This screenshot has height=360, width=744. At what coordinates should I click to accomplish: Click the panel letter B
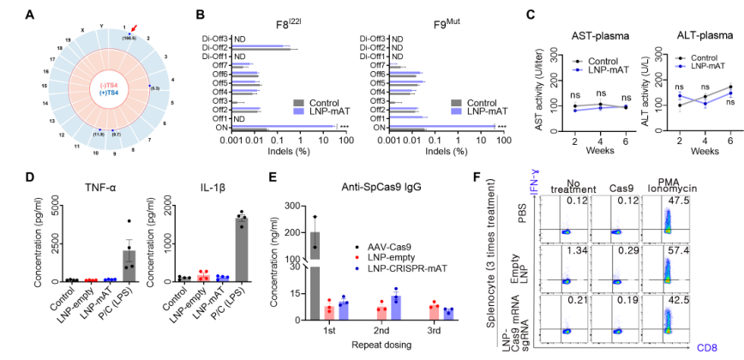pyautogui.click(x=199, y=14)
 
